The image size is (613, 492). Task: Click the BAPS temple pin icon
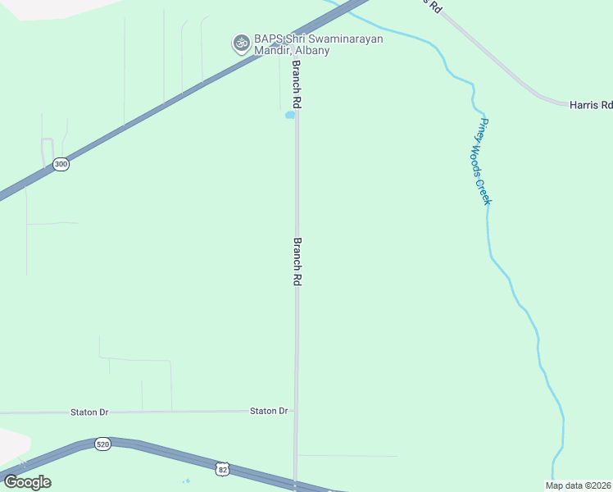point(241,43)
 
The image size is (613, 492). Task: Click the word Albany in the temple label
point(312,51)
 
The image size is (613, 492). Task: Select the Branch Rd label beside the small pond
point(297,85)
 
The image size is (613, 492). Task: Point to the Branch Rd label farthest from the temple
point(298,262)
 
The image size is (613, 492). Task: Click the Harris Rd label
point(591,105)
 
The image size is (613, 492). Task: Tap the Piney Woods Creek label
point(484,162)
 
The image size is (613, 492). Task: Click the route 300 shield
point(61,164)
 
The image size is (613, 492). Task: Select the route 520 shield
point(102,444)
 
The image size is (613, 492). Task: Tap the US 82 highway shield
point(223,469)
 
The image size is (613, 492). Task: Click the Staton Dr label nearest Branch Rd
point(269,411)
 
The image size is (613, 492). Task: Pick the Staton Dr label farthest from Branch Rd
point(89,412)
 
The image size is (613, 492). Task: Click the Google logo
point(27,481)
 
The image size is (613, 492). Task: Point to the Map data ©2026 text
point(578,485)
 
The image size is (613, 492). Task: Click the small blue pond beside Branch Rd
point(289,116)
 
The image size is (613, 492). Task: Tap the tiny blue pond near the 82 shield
point(187,481)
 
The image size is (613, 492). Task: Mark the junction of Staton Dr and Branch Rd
point(296,411)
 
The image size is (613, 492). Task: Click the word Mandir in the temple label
point(271,51)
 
